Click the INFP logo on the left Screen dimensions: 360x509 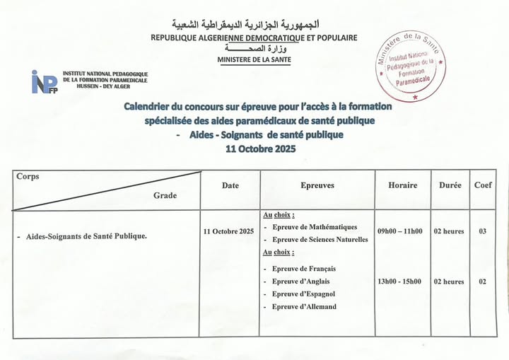[x=44, y=81]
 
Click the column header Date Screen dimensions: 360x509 [x=230, y=186]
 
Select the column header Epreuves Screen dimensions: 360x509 [x=317, y=185]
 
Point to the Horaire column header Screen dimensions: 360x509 [x=402, y=185]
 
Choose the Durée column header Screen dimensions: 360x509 [x=450, y=185]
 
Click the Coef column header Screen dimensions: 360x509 [x=483, y=185]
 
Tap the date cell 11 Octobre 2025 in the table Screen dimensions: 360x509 [x=228, y=231]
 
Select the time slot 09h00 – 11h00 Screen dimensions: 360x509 [x=399, y=231]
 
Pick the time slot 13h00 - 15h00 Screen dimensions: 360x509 [x=399, y=281]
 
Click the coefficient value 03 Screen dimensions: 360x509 [x=482, y=231]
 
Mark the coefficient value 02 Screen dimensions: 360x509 [x=482, y=281]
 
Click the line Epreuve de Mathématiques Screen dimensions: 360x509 [x=315, y=227]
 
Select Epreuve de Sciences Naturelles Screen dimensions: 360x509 [x=320, y=240]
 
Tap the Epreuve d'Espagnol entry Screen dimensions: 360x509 [x=303, y=294]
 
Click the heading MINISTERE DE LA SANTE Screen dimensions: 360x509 [x=255, y=60]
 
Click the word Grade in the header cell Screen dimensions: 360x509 [x=165, y=195]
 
